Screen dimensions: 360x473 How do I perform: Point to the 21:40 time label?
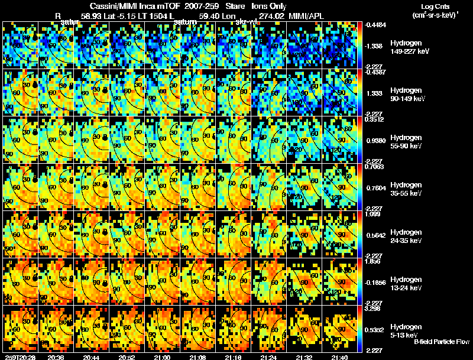tap(339, 357)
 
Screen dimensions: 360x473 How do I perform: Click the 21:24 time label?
tap(268, 357)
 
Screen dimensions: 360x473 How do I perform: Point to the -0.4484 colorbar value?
tap(375, 25)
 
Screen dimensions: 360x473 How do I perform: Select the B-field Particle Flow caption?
tap(442, 341)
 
